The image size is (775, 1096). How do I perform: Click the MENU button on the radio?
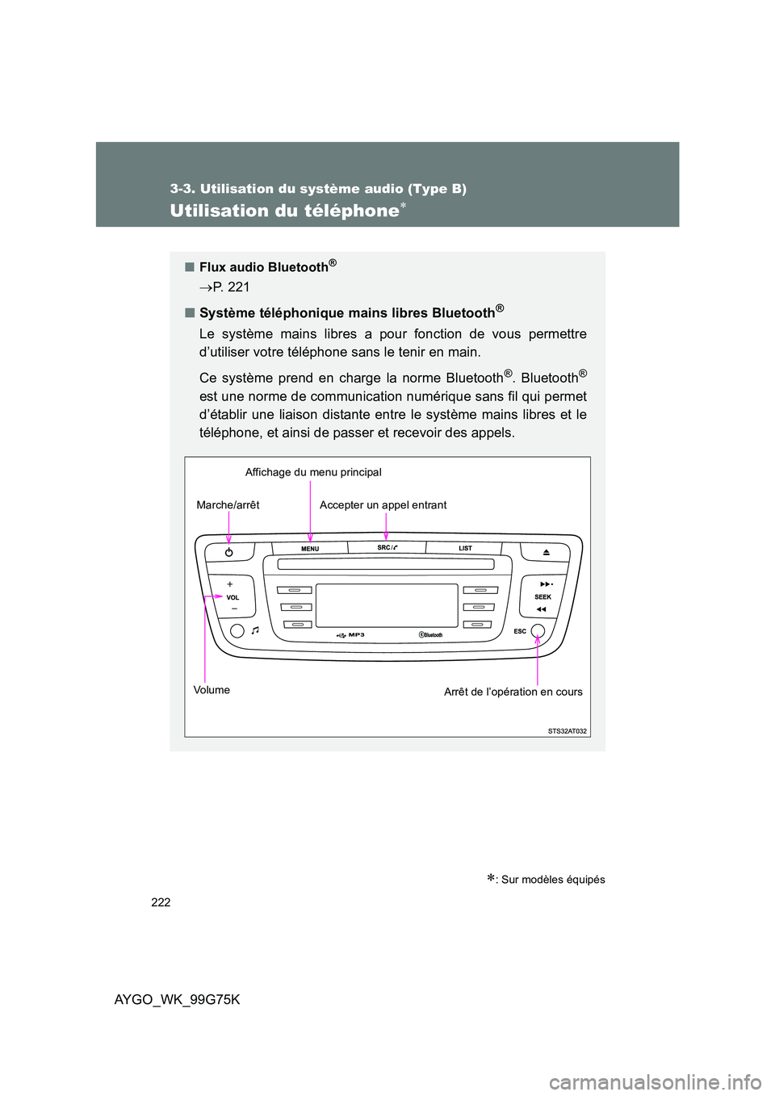point(310,549)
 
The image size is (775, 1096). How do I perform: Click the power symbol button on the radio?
point(229,553)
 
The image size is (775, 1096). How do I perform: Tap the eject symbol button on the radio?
point(547,553)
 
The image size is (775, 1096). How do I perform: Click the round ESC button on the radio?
point(538,631)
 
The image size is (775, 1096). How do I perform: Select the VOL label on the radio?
point(232,598)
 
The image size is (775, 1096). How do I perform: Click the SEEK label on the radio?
point(542,597)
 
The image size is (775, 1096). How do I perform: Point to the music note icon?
point(255,630)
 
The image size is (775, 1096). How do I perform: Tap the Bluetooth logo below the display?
point(431,635)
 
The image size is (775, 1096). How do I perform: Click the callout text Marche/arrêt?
point(228,505)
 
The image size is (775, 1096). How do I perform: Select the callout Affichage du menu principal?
point(313,472)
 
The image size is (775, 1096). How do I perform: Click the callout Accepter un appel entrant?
point(383,505)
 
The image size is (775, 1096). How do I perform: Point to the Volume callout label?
point(212,690)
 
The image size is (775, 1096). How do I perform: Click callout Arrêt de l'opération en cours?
point(513,692)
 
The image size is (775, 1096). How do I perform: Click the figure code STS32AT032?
point(567,731)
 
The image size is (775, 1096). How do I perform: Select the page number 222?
point(161,902)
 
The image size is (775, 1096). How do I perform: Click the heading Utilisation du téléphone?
point(284,211)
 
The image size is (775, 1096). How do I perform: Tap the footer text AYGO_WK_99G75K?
point(177,999)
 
